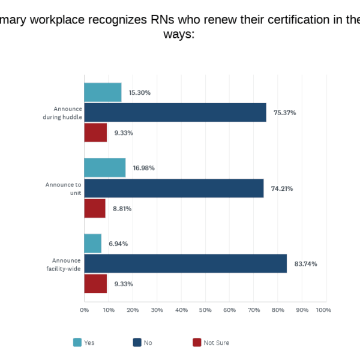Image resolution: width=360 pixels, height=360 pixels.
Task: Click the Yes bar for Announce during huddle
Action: coord(103,92)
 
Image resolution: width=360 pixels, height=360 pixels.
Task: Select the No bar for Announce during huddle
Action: coord(175,112)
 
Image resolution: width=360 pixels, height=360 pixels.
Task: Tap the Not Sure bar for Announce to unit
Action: coord(95,208)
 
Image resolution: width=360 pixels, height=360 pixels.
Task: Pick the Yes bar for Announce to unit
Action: coord(104,168)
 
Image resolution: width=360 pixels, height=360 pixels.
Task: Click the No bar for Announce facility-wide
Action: coord(185,263)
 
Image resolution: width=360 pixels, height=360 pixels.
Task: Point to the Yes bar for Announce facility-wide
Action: coord(92,244)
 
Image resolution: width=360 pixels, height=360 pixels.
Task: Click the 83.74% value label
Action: coord(305,264)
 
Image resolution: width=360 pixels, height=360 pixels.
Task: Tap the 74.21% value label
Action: coord(282,188)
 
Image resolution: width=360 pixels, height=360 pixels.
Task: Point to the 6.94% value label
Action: coord(118,244)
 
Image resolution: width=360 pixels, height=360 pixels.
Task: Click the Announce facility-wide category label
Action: coord(63,264)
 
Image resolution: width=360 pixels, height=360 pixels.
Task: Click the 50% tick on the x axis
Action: coord(205,310)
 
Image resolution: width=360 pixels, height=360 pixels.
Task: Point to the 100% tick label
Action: coord(323,310)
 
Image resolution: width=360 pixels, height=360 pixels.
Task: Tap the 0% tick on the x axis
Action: coord(84,310)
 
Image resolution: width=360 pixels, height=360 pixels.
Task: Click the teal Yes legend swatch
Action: coord(77,343)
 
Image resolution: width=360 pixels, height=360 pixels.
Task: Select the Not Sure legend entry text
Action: coord(216,343)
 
